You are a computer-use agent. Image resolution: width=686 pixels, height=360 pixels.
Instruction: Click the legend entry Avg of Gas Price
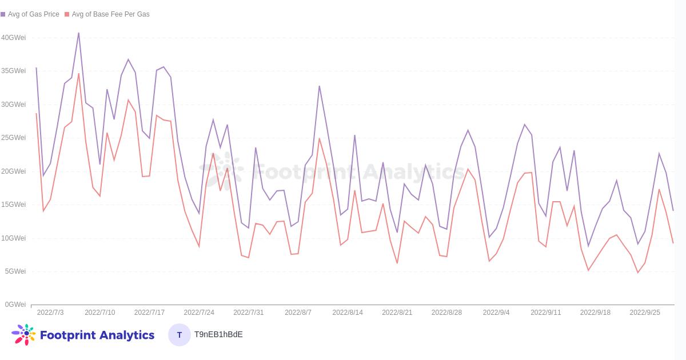click(x=33, y=14)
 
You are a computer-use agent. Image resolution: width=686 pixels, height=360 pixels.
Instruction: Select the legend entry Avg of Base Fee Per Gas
click(x=110, y=14)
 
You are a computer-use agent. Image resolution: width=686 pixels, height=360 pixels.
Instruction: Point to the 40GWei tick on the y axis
click(x=13, y=38)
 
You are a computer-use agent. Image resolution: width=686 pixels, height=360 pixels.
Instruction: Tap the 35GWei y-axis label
click(x=13, y=71)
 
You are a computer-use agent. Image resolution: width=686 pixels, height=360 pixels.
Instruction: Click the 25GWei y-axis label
click(x=13, y=138)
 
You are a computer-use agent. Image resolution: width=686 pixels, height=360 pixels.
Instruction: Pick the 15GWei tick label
click(x=13, y=205)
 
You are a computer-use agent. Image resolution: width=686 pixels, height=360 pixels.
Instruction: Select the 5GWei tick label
click(x=15, y=271)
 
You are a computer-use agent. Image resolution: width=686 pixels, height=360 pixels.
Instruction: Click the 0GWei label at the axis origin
click(x=15, y=305)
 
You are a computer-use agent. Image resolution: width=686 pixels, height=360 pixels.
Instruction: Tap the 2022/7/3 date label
click(x=50, y=313)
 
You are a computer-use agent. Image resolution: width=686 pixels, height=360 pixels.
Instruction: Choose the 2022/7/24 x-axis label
click(x=199, y=313)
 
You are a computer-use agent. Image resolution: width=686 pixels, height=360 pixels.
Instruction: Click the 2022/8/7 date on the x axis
click(x=298, y=313)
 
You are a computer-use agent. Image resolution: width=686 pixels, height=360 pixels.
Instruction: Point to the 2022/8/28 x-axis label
click(x=446, y=313)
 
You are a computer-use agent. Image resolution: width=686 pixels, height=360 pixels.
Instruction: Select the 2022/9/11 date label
click(x=545, y=313)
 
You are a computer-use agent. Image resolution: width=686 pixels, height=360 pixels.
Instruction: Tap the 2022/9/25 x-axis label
click(x=645, y=313)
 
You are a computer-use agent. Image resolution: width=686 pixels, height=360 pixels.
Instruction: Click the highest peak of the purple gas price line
click(x=79, y=33)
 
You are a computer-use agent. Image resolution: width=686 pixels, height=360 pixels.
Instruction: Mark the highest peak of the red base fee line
click(x=79, y=74)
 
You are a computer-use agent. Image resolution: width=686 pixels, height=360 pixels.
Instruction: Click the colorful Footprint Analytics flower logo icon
click(x=24, y=334)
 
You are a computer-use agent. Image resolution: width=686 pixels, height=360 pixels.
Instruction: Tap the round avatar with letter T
click(x=180, y=335)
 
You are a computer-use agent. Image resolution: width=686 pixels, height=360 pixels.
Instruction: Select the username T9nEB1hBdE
click(x=218, y=335)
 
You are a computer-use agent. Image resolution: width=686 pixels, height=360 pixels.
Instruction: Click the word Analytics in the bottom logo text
click(x=126, y=335)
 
